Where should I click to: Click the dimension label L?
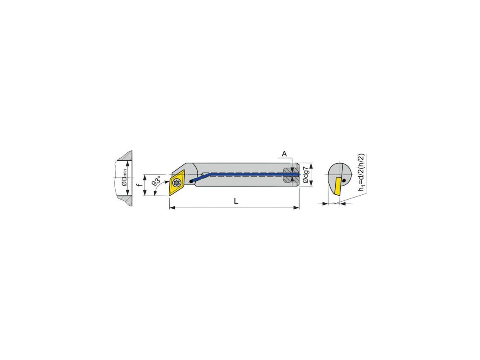coord(236,202)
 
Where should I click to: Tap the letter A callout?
coord(284,154)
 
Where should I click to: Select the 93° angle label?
coord(156,182)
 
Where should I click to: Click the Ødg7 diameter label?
coord(305,175)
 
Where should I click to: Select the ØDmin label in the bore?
coord(124,178)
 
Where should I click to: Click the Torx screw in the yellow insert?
coord(177,184)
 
